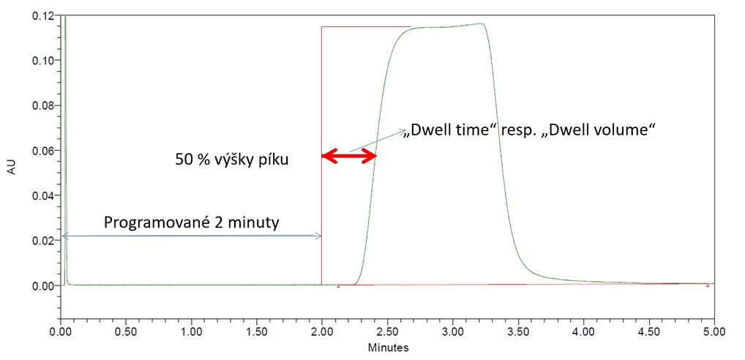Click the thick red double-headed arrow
(349, 155)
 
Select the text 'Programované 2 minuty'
(191, 222)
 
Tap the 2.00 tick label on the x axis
(322, 330)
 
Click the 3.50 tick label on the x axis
(518, 330)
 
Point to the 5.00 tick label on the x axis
(714, 330)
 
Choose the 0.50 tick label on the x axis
(126, 330)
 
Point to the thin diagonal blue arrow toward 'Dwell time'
(377, 140)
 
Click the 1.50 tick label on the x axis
(257, 330)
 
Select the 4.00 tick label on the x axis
(583, 330)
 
